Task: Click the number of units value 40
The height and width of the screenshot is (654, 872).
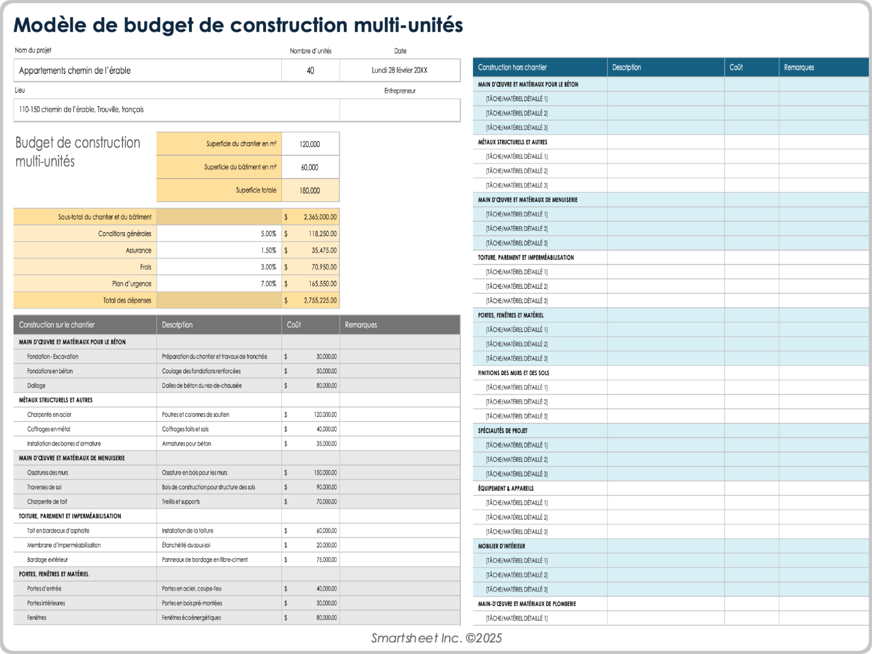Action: [x=310, y=70]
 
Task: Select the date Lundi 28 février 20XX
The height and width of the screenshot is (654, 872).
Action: [x=399, y=70]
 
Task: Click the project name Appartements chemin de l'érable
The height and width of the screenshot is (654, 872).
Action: [x=75, y=70]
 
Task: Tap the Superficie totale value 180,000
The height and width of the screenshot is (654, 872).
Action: [x=310, y=191]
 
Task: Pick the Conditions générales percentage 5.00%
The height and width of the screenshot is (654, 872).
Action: [x=268, y=234]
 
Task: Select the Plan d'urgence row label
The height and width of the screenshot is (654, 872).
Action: [x=131, y=284]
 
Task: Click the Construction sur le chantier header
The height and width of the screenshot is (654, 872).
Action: [x=57, y=325]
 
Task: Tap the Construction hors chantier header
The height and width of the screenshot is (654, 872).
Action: [x=512, y=67]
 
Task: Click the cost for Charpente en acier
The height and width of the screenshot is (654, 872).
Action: [x=325, y=415]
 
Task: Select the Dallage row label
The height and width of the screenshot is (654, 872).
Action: [x=36, y=386]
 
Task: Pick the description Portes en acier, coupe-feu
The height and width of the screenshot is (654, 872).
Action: [x=192, y=589]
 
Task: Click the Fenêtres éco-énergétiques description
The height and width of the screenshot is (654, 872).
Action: [x=191, y=618]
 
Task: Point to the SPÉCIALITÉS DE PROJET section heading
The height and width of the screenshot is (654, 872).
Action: [x=502, y=431]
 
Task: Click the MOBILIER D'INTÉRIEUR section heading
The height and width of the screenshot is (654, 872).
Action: [x=501, y=546]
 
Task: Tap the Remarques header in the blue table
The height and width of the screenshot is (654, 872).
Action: [x=798, y=67]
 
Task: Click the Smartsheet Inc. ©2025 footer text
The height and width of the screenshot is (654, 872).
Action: [x=436, y=638]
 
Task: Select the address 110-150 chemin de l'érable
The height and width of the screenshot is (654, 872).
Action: [x=81, y=109]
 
